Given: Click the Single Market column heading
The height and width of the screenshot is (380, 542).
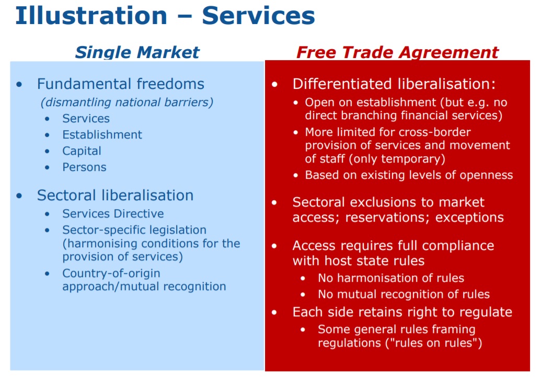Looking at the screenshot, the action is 137,53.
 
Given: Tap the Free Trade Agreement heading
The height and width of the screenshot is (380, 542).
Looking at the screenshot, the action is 398,53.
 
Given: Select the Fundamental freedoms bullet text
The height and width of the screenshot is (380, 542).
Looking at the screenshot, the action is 121,84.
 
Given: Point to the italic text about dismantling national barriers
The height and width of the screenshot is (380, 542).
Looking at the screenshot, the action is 127,102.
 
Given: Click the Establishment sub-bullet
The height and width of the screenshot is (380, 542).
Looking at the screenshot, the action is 102,134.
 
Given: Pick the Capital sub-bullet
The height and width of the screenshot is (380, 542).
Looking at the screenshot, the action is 82,151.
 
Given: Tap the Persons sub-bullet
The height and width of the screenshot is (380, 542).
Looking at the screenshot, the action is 84,167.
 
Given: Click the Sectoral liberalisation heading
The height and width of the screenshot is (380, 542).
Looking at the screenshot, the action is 115,195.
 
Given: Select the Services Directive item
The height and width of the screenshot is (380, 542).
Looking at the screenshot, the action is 113,214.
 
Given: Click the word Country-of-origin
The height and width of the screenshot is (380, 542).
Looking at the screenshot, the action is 111,273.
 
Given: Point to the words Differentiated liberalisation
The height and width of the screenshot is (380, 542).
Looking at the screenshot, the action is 394,84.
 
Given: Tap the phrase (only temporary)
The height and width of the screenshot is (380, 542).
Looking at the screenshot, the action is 397,159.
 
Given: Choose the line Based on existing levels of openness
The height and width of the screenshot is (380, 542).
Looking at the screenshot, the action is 409,175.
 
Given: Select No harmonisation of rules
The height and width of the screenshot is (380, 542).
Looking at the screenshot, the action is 391,278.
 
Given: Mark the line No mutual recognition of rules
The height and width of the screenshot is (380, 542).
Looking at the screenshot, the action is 403,294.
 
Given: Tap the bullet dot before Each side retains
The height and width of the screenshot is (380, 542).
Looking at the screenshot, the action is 274,312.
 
